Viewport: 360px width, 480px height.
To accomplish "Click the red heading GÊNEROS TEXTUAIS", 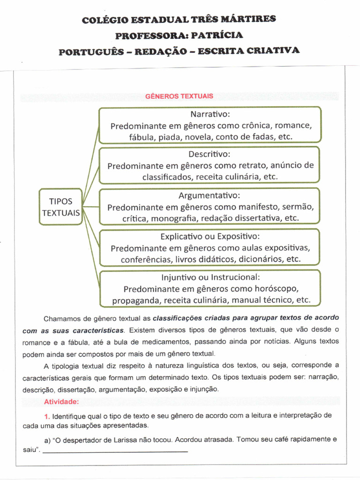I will pyautogui.click(x=179, y=96).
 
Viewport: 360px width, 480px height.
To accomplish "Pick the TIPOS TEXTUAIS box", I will pyautogui.click(x=61, y=207).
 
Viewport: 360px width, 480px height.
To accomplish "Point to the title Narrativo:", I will pyautogui.click(x=210, y=114).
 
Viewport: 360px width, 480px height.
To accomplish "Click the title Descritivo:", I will pyautogui.click(x=210, y=154).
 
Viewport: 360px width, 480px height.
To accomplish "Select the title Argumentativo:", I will pyautogui.click(x=210, y=195).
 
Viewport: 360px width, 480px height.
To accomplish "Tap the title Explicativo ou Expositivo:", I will pyautogui.click(x=210, y=236).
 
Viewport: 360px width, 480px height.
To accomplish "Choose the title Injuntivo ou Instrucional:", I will pyautogui.click(x=210, y=277).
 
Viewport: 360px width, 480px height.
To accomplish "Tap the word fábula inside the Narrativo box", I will pyautogui.click(x=142, y=137).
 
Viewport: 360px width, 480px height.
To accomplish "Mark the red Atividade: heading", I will pyautogui.click(x=61, y=402).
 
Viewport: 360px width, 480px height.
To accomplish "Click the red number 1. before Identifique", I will pyautogui.click(x=47, y=416).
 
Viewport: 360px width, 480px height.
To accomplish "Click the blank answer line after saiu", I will pyautogui.click(x=115, y=451).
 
